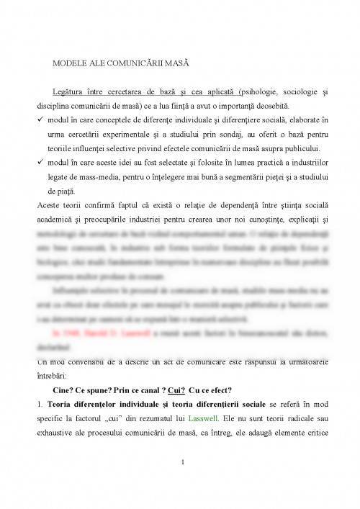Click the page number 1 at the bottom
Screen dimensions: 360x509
click(184, 483)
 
